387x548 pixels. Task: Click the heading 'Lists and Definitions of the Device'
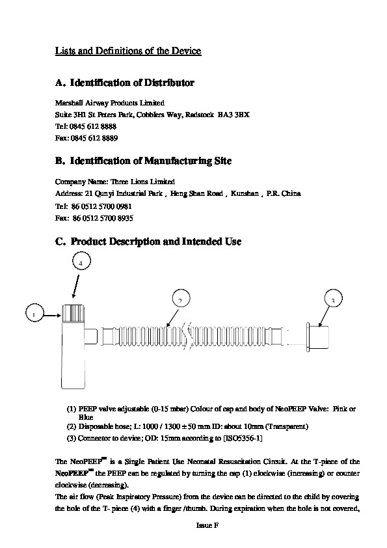128,51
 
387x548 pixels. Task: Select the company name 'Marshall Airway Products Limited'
110,103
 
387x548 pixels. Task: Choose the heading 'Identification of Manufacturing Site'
151,161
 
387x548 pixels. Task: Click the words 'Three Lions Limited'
142,182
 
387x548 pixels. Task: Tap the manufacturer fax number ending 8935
103,219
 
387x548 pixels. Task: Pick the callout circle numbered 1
35,313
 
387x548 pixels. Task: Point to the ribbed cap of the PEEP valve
73,314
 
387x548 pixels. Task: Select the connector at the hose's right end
317,337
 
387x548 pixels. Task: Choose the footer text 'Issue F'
207,525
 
